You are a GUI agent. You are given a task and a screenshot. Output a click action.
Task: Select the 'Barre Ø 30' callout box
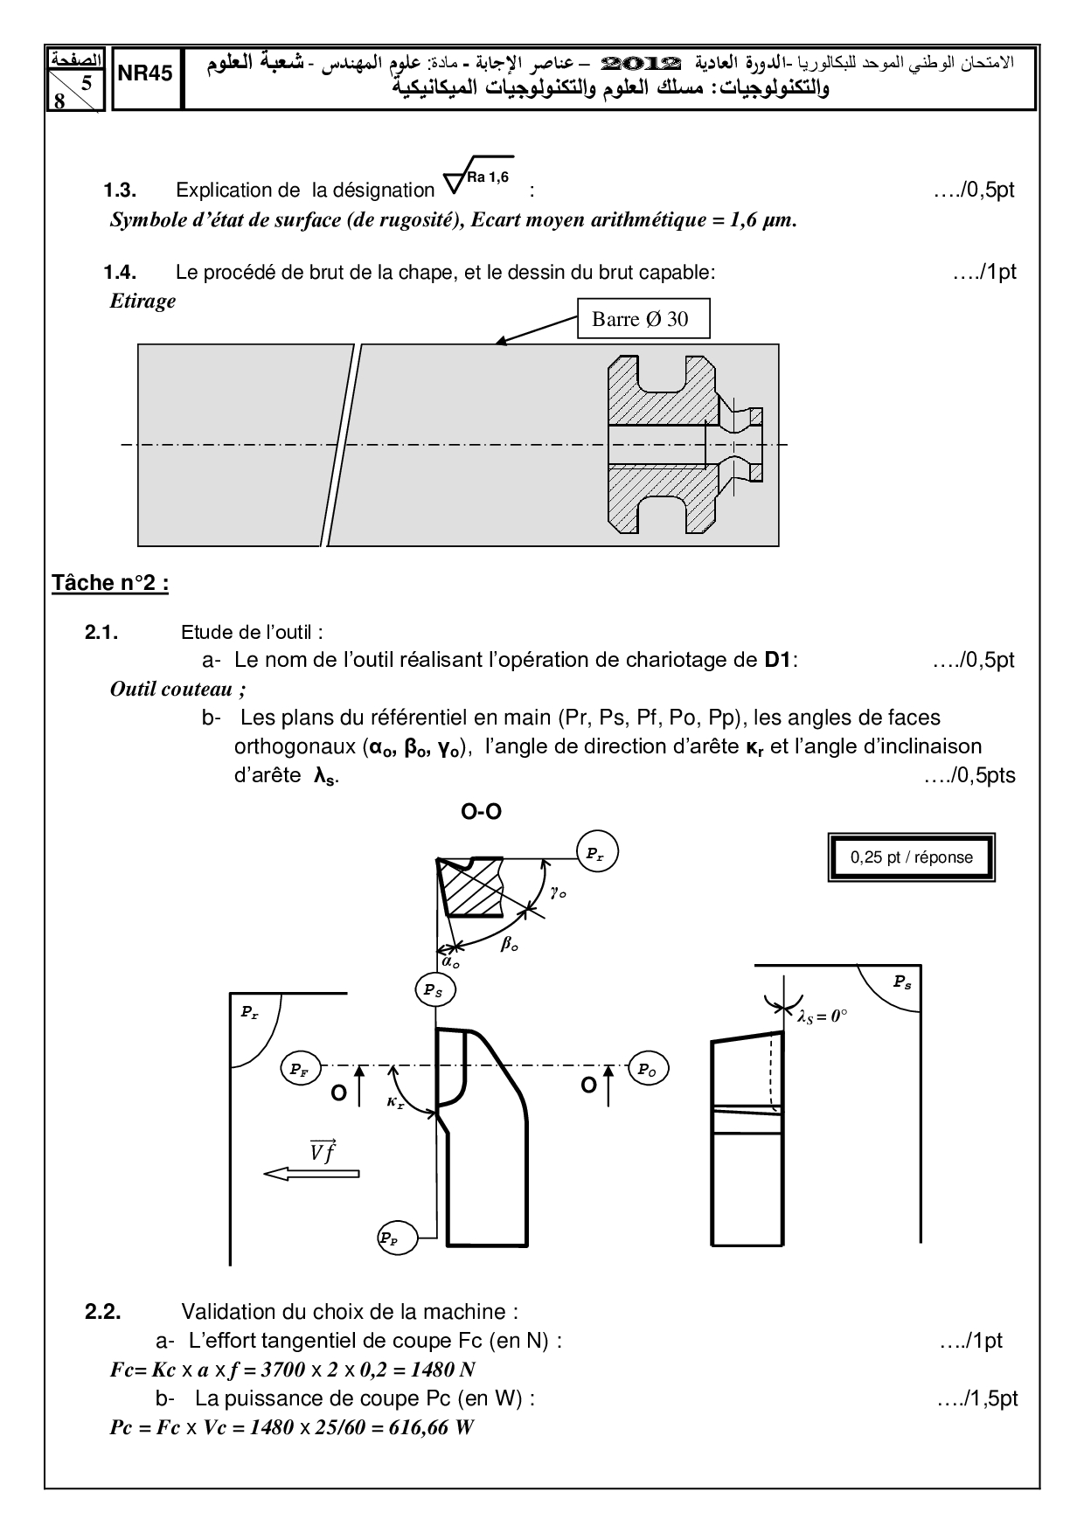(643, 319)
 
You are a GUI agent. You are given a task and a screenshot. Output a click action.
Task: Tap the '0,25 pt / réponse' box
(911, 857)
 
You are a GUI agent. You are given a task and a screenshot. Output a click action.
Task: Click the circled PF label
(300, 1068)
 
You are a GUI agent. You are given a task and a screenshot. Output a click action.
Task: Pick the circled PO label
(648, 1068)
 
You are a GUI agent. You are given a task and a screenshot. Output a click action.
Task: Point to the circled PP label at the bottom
(397, 1238)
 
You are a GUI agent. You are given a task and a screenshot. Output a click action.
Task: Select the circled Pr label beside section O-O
(596, 853)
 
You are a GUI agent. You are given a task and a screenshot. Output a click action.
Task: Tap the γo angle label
(558, 892)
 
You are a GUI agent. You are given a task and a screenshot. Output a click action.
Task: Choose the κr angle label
(395, 1103)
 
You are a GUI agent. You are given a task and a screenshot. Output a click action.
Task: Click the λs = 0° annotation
(823, 1016)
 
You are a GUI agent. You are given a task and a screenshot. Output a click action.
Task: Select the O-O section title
(482, 812)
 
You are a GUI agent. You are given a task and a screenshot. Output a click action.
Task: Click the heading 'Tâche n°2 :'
(110, 583)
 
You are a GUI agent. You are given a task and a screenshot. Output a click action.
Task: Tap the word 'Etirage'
(142, 302)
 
